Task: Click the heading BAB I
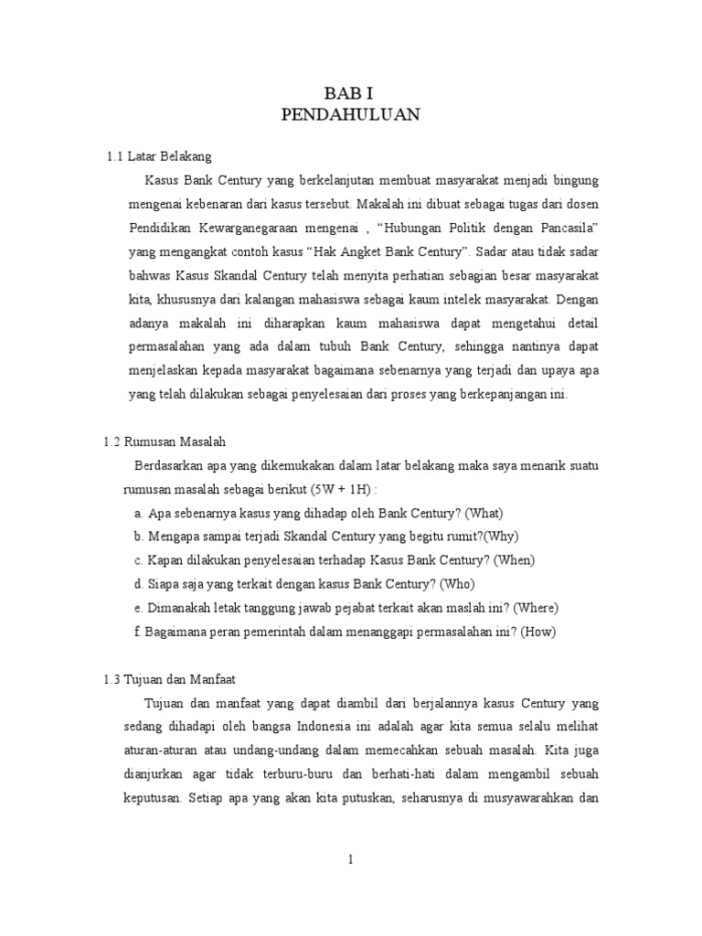pyautogui.click(x=350, y=93)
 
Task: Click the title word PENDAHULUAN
pyautogui.click(x=350, y=115)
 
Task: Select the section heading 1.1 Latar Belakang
pyautogui.click(x=159, y=156)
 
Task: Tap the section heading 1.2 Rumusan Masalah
pyautogui.click(x=164, y=441)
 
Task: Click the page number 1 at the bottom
pyautogui.click(x=350, y=858)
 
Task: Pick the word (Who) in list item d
pyautogui.click(x=457, y=584)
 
